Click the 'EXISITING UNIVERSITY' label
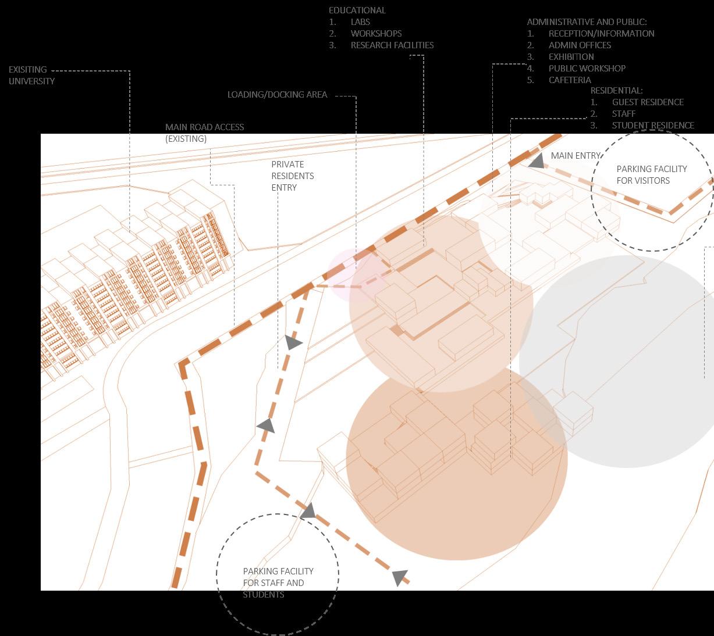tap(31, 75)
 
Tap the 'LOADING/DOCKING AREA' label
tap(277, 94)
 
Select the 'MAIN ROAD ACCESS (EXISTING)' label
tap(204, 133)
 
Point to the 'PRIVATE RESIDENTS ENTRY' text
tap(292, 176)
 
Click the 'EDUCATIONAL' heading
tap(357, 10)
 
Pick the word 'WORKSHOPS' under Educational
tap(376, 33)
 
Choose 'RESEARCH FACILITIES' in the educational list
tap(392, 45)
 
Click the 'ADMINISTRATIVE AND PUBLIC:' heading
tap(587, 22)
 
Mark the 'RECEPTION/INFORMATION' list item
tap(601, 33)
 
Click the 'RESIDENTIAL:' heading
tap(616, 90)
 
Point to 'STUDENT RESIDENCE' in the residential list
tap(652, 125)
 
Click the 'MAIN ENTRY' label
tap(576, 155)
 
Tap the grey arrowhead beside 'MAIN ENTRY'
tap(536, 160)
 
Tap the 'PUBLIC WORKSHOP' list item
tap(587, 68)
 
